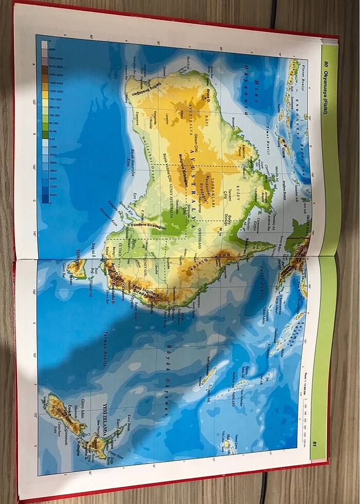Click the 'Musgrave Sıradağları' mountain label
click(x=181, y=170)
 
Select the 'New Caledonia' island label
click(x=208, y=365)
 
